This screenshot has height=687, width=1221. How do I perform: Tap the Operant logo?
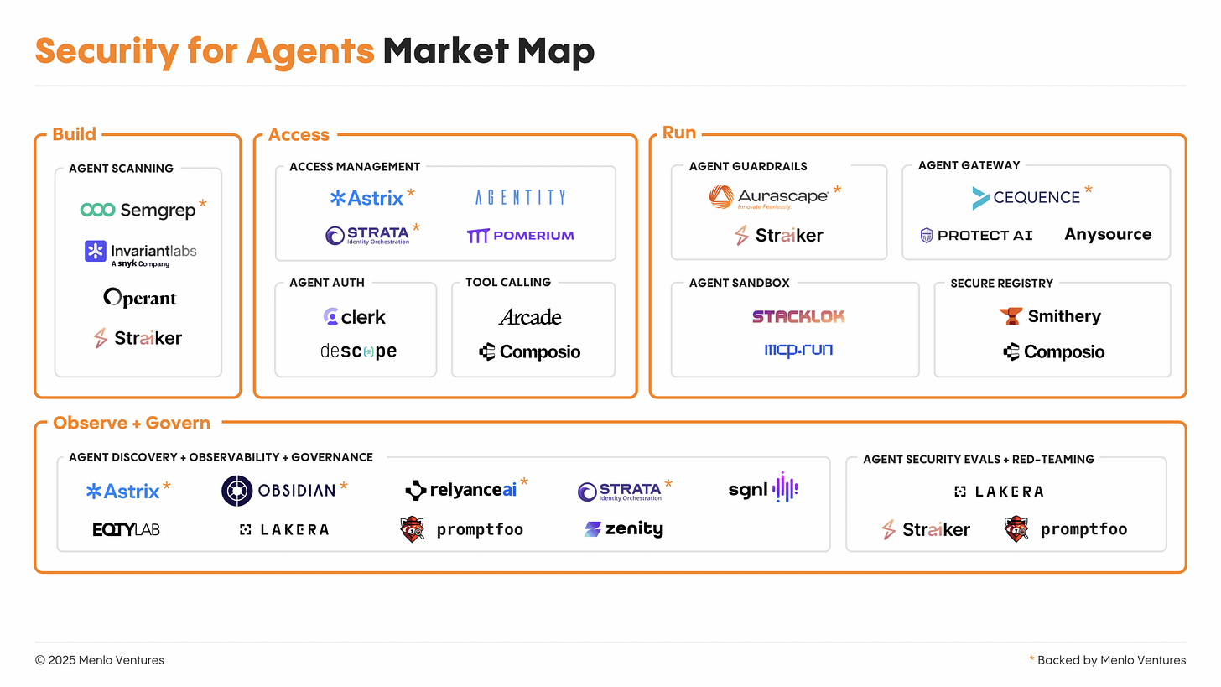[140, 298]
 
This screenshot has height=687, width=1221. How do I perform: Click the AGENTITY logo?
[520, 198]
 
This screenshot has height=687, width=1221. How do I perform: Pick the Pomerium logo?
[520, 236]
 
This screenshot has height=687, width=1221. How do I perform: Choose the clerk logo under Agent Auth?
[355, 317]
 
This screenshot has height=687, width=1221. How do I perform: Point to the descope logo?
[358, 351]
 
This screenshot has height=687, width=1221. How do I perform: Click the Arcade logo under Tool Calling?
[530, 317]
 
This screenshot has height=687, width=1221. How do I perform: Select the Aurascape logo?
[769, 197]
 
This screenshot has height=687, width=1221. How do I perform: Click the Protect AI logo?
[976, 235]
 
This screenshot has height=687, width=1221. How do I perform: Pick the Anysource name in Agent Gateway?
[1108, 235]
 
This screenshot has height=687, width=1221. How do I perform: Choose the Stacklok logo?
[798, 316]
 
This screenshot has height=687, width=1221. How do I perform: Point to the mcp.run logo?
[798, 350]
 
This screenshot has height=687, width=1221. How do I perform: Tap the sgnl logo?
[762, 489]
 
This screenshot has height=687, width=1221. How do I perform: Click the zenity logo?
[623, 529]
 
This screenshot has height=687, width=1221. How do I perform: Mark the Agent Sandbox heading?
[739, 283]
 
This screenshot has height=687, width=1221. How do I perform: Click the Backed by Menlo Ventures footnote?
[1111, 660]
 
